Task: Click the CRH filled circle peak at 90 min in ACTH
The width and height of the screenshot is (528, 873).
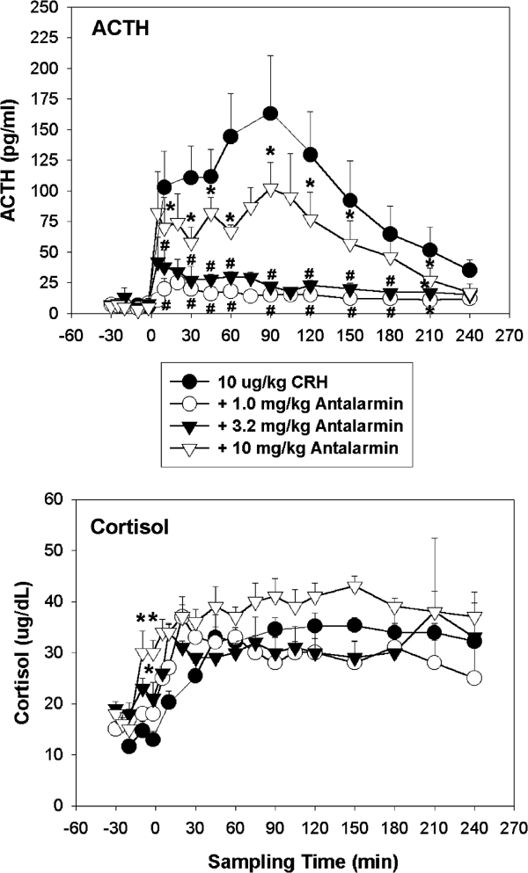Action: [x=270, y=113]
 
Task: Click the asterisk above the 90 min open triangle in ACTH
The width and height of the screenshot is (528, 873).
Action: [x=272, y=150]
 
